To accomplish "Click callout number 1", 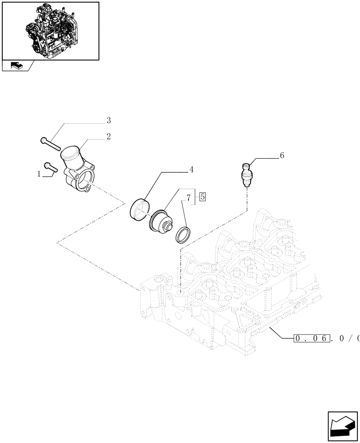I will [40, 174].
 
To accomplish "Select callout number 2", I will [108, 136].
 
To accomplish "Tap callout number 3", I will [108, 120].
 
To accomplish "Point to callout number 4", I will [191, 169].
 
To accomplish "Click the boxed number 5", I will [202, 197].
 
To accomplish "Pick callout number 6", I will [282, 155].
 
